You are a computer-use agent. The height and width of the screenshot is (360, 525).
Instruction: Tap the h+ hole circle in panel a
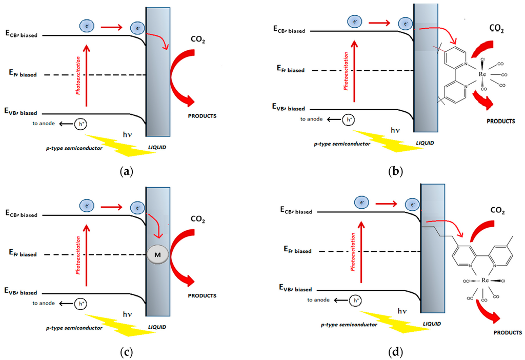[81, 124]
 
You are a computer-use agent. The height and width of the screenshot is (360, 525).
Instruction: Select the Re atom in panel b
[482, 74]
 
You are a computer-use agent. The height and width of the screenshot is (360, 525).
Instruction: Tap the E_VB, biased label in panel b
[285, 108]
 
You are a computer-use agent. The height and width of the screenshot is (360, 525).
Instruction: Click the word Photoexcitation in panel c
[78, 255]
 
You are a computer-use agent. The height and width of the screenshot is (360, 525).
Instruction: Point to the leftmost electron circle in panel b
[354, 22]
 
